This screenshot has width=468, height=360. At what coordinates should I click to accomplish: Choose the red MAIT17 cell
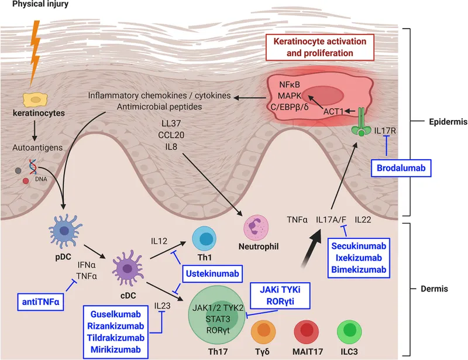coord(307,332)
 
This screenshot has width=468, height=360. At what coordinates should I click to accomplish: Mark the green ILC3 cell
coord(350,332)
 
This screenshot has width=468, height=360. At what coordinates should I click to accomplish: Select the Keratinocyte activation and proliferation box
coord(324,47)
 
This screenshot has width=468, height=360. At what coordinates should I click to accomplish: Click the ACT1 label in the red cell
coord(332,110)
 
